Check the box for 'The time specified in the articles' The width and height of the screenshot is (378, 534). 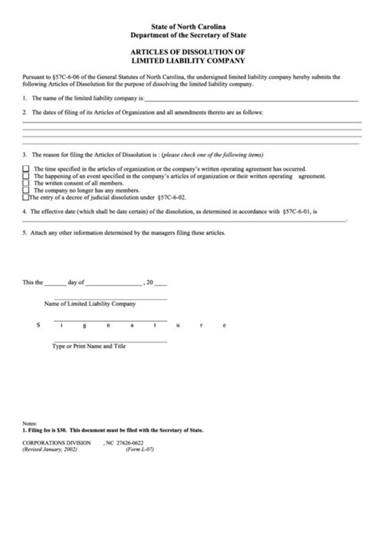(x=26, y=168)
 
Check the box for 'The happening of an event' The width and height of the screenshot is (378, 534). (x=26, y=176)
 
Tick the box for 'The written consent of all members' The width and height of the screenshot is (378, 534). (x=26, y=183)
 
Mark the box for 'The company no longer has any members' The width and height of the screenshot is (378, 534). (x=26, y=190)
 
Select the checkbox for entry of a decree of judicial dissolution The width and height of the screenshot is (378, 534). (x=26, y=197)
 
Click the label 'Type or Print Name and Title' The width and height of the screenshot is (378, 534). (x=89, y=346)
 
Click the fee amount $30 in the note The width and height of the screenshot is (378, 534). (x=65, y=430)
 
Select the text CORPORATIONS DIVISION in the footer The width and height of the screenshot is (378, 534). (x=57, y=441)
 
